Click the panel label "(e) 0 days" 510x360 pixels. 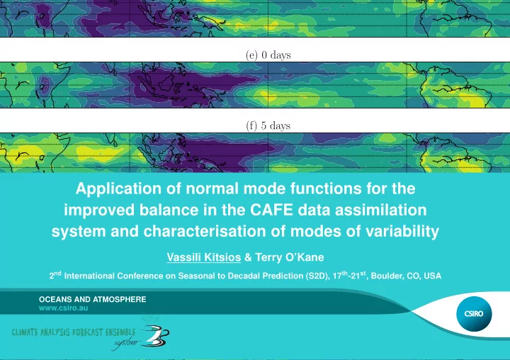(x=268, y=55)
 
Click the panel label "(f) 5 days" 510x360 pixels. (x=268, y=125)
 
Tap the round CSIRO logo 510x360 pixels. (x=474, y=314)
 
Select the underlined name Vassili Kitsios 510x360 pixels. (x=204, y=257)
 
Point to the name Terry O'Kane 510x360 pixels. (x=290, y=257)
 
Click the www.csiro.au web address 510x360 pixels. (x=64, y=308)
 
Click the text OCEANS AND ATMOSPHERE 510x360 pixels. (x=93, y=299)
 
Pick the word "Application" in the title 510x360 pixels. (x=118, y=189)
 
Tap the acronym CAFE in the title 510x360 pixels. (x=271, y=210)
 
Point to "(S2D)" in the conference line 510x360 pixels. (x=317, y=276)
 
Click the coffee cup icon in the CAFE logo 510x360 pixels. (x=157, y=335)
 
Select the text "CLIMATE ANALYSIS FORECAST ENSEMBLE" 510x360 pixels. (x=74, y=332)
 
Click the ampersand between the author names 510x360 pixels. (x=248, y=257)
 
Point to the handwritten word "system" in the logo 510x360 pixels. (x=125, y=343)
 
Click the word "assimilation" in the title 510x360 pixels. (x=381, y=210)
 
